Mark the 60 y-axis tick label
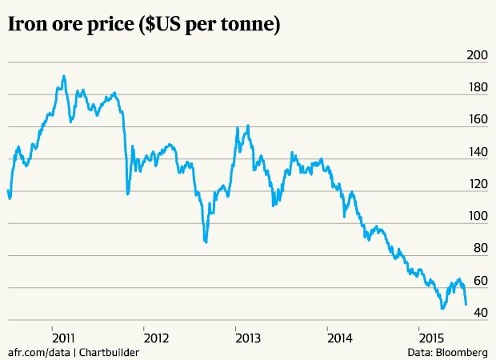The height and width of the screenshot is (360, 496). coord(479,281)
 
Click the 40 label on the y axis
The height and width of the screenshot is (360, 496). coord(479,313)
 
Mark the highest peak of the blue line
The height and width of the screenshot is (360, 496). coord(64,76)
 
